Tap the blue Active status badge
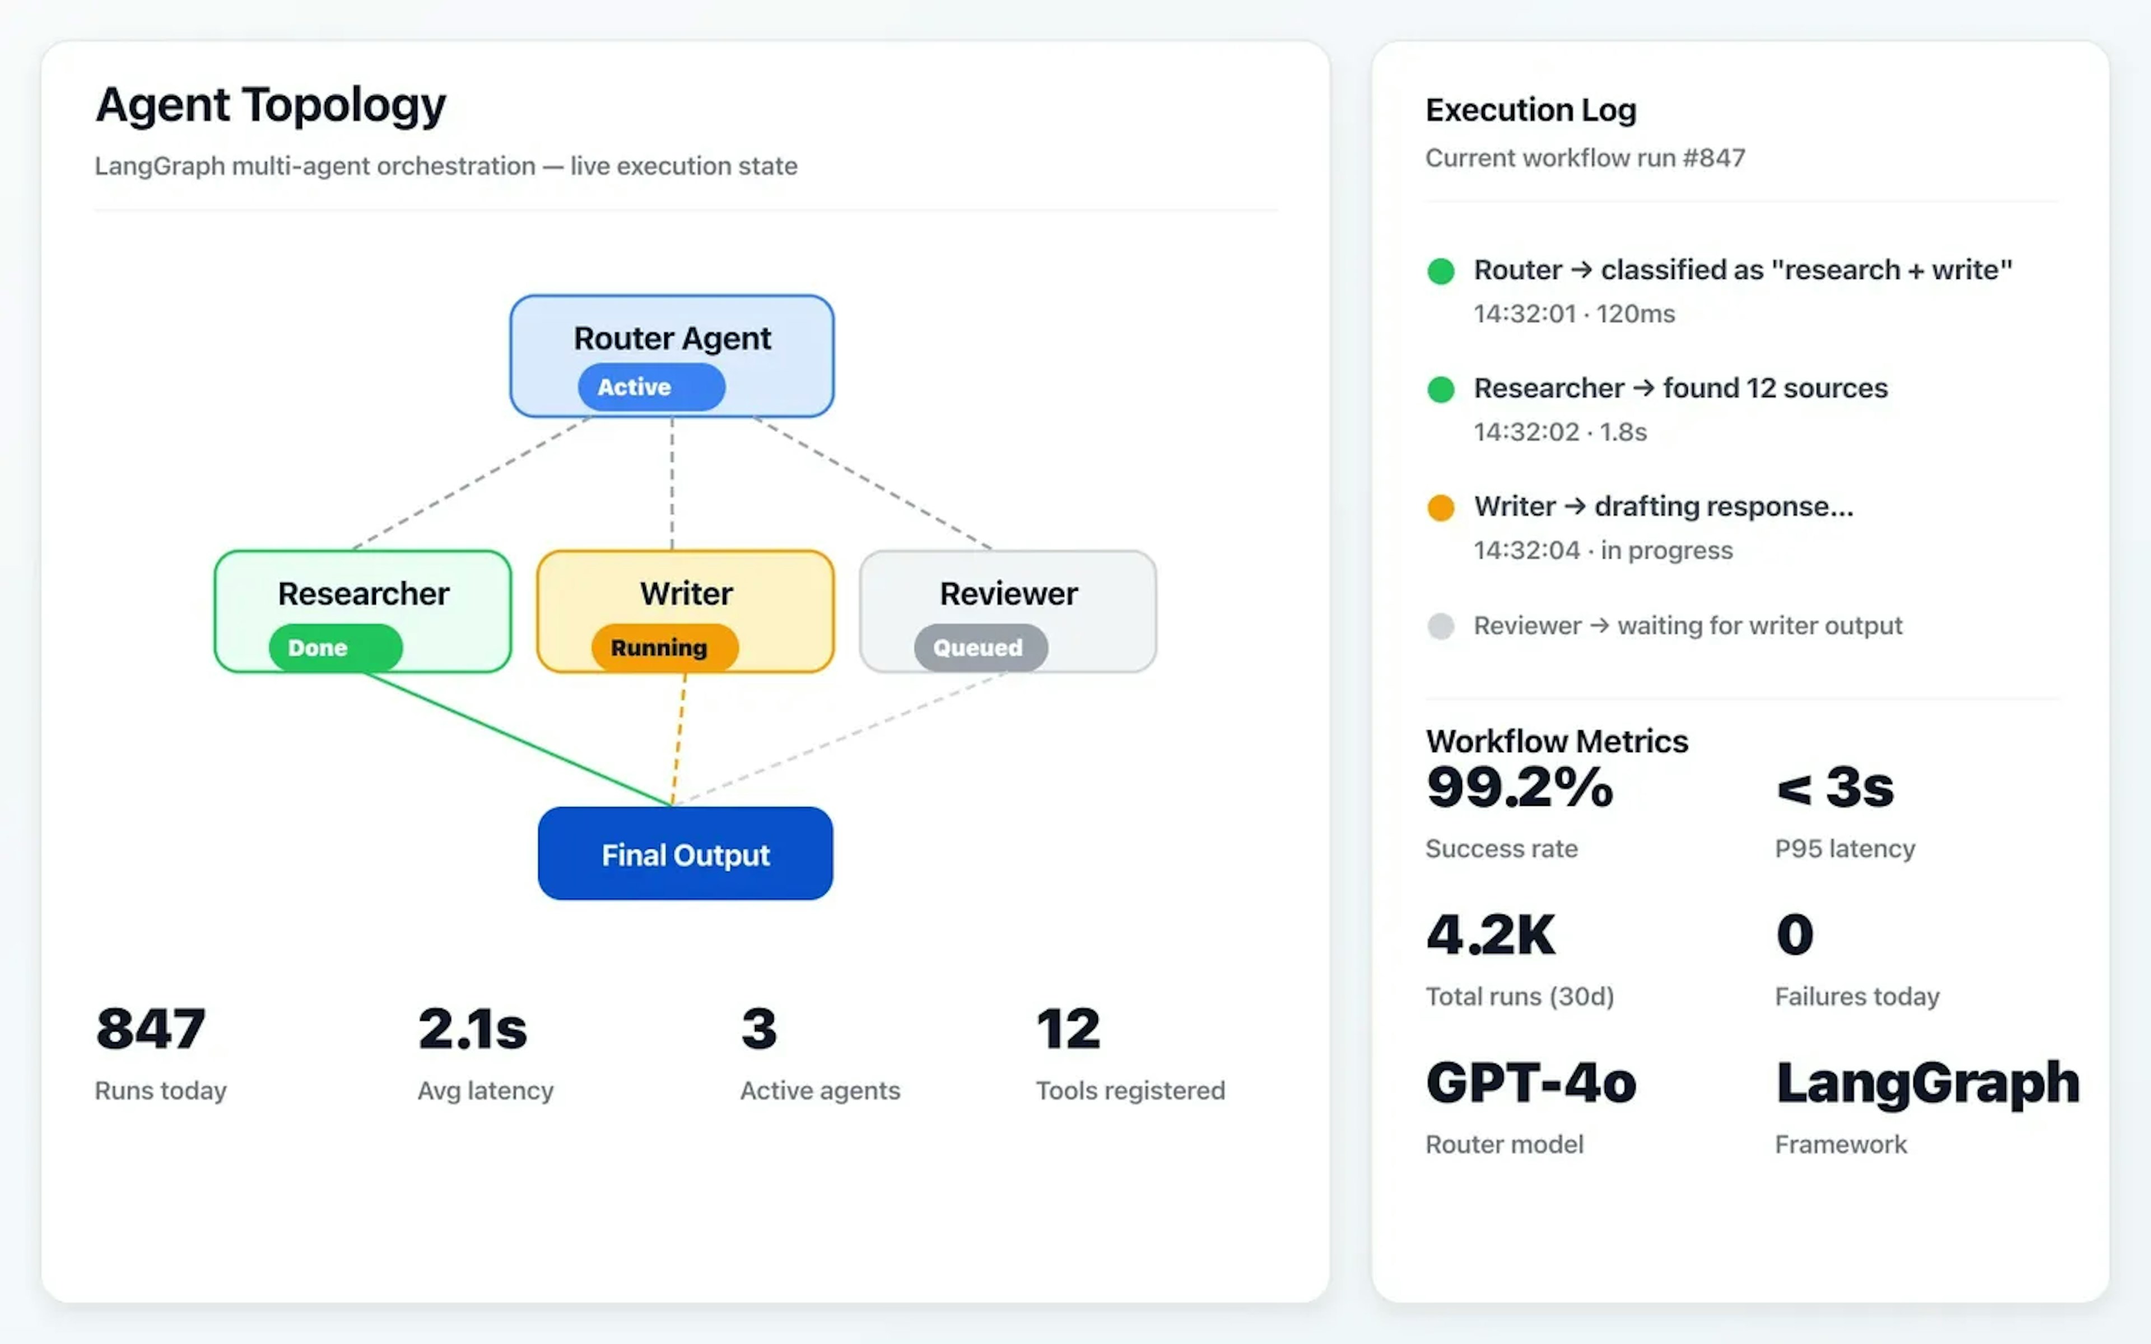651,386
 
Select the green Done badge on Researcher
335,647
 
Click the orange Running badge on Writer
664,647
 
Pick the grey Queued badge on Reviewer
980,647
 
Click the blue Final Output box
685,853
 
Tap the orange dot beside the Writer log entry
1440,507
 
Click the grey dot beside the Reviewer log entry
1440,626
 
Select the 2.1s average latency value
472,1029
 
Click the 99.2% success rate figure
1519,787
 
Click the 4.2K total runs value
1491,935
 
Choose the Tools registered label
1130,1091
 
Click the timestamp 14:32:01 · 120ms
1573,314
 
